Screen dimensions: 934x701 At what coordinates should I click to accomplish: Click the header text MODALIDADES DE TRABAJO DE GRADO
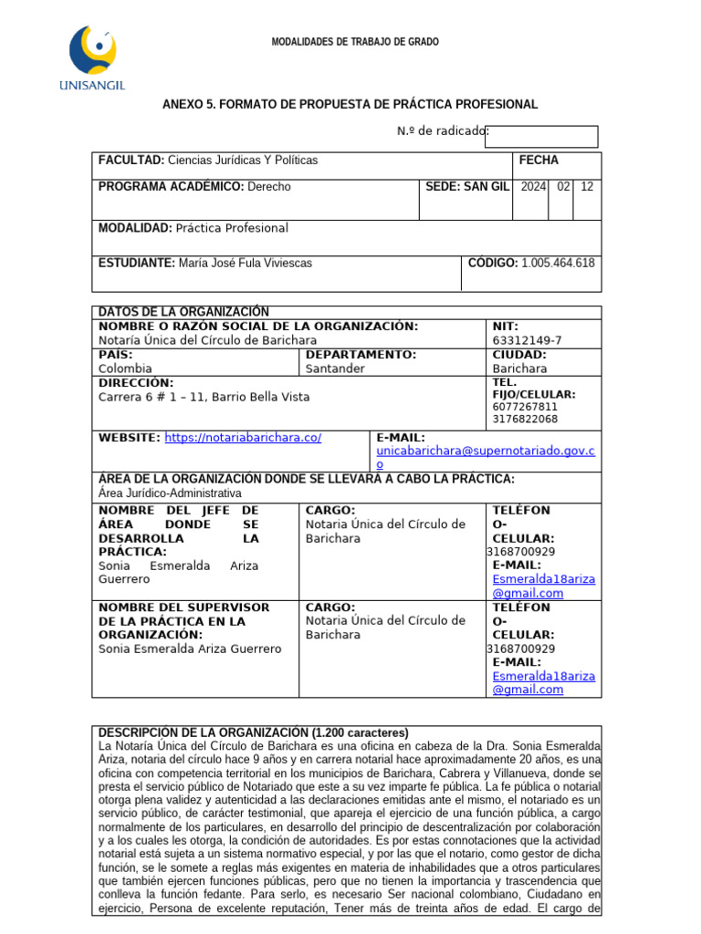355,42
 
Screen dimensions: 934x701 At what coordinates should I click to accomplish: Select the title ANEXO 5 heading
350,105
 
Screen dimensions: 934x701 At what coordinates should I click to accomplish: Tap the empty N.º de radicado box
542,137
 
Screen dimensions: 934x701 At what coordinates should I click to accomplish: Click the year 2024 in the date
533,186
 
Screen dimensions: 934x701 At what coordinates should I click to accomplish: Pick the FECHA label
538,160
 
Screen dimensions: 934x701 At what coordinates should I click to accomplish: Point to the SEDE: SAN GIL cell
466,186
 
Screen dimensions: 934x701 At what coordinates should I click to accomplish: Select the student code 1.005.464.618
558,263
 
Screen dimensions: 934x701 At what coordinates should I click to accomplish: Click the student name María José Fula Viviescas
244,263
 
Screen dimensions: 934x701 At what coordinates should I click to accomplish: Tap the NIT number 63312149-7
527,340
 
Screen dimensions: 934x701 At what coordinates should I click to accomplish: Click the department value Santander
335,368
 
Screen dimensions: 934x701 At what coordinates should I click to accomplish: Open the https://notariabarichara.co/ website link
243,438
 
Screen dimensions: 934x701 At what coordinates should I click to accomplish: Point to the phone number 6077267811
524,407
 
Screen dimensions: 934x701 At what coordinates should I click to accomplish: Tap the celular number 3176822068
524,420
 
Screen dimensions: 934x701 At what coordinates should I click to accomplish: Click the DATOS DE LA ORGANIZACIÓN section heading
183,312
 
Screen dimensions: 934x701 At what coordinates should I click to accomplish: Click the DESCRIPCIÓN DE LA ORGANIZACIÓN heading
253,732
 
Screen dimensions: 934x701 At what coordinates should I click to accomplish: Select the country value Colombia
125,368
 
